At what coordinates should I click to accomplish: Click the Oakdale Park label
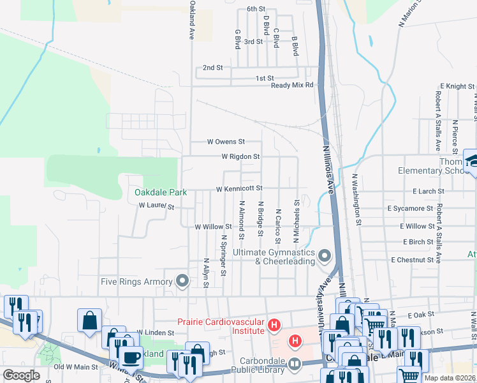pos(160,191)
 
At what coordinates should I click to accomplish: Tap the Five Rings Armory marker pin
pos(182,281)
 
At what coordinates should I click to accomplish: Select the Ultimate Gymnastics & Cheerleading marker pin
pos(325,257)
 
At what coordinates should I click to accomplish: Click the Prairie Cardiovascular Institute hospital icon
pos(274,326)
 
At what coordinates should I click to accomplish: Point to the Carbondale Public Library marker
pos(294,364)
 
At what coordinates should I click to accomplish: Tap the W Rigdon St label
pos(240,156)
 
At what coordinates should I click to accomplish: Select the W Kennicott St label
pos(239,189)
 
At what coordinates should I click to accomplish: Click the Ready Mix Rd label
pos(292,85)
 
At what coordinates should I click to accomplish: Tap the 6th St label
pos(255,9)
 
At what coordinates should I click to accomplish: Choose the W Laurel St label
pos(156,206)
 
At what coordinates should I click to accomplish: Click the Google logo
pos(21,375)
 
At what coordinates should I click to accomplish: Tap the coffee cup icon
pos(131,356)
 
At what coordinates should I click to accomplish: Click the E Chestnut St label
pos(418,260)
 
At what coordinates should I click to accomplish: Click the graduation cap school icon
pos(473,160)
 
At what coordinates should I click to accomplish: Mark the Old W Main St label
pos(76,367)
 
